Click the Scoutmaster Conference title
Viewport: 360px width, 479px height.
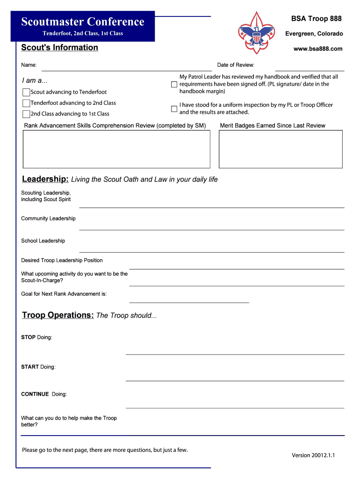(83, 22)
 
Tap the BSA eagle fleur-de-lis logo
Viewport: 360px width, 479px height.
(256, 32)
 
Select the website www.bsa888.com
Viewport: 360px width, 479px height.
(318, 49)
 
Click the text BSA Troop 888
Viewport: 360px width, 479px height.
(316, 19)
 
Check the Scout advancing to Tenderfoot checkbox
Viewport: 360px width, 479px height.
(26, 92)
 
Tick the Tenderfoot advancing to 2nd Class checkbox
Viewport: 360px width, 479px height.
(26, 103)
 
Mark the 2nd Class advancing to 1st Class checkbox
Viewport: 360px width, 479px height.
(26, 114)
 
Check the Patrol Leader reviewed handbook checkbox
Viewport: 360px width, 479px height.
(174, 84)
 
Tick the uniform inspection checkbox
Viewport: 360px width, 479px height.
(174, 109)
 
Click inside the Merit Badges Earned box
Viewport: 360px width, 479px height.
(281, 149)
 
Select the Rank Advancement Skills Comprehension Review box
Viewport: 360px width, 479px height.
(116, 149)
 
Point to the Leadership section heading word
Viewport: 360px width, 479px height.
(45, 179)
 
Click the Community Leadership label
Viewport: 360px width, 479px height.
(48, 218)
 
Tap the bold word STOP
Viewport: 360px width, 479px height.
(28, 337)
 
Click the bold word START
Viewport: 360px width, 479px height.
(30, 367)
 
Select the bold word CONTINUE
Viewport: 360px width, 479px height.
(35, 394)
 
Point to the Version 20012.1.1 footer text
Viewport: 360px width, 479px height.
(313, 455)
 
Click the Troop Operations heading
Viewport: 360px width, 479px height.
(58, 315)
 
